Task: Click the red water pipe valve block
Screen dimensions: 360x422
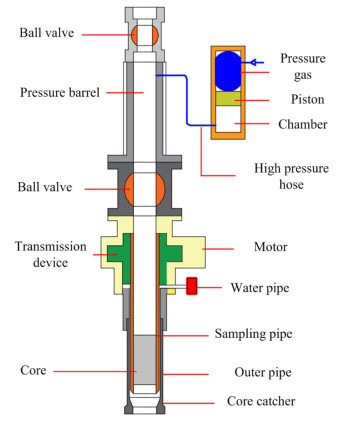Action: click(191, 286)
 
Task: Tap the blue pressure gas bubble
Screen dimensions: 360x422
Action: click(228, 71)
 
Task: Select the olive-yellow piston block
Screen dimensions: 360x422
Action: click(228, 98)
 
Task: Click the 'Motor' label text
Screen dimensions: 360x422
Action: click(271, 247)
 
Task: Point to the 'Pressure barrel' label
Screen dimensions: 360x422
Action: click(60, 92)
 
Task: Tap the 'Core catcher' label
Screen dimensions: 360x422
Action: click(261, 401)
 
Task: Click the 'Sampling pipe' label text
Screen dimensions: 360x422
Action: click(253, 334)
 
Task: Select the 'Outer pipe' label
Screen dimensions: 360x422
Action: click(263, 372)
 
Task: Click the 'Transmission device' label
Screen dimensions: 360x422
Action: click(51, 254)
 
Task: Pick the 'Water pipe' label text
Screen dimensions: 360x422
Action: click(260, 288)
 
